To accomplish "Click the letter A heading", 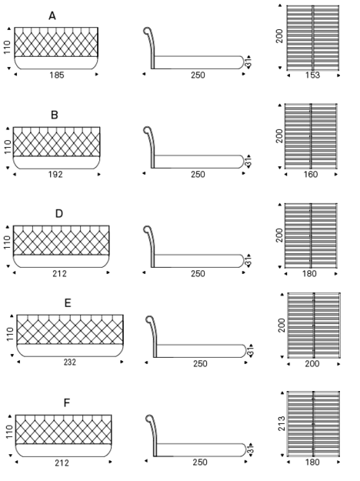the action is (52, 15).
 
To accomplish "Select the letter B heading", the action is (55, 115).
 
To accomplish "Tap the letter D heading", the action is (59, 213).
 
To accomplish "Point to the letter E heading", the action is (68, 303).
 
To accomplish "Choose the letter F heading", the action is (67, 403).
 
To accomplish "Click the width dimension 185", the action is (57, 75).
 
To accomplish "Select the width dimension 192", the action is (55, 175).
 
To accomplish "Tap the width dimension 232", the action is (70, 362).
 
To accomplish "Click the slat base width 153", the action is (312, 75).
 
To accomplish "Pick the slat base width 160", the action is (311, 175).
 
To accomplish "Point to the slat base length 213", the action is (282, 423).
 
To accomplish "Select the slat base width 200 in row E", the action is (312, 364).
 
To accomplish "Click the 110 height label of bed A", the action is (7, 48).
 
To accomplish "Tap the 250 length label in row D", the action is (198, 274).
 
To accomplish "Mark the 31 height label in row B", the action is (248, 162).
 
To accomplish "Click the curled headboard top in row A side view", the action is (147, 30).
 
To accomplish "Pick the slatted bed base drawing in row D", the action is (311, 235).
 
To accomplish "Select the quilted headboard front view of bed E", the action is (70, 336).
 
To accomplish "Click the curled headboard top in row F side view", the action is (150, 419).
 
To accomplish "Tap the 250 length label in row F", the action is (200, 463).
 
